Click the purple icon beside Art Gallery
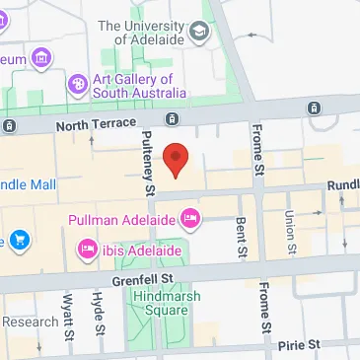click(x=77, y=83)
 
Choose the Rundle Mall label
click(x=28, y=183)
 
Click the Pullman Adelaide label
click(x=122, y=218)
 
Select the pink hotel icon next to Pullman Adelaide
click(x=190, y=218)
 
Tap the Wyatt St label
click(x=68, y=314)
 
